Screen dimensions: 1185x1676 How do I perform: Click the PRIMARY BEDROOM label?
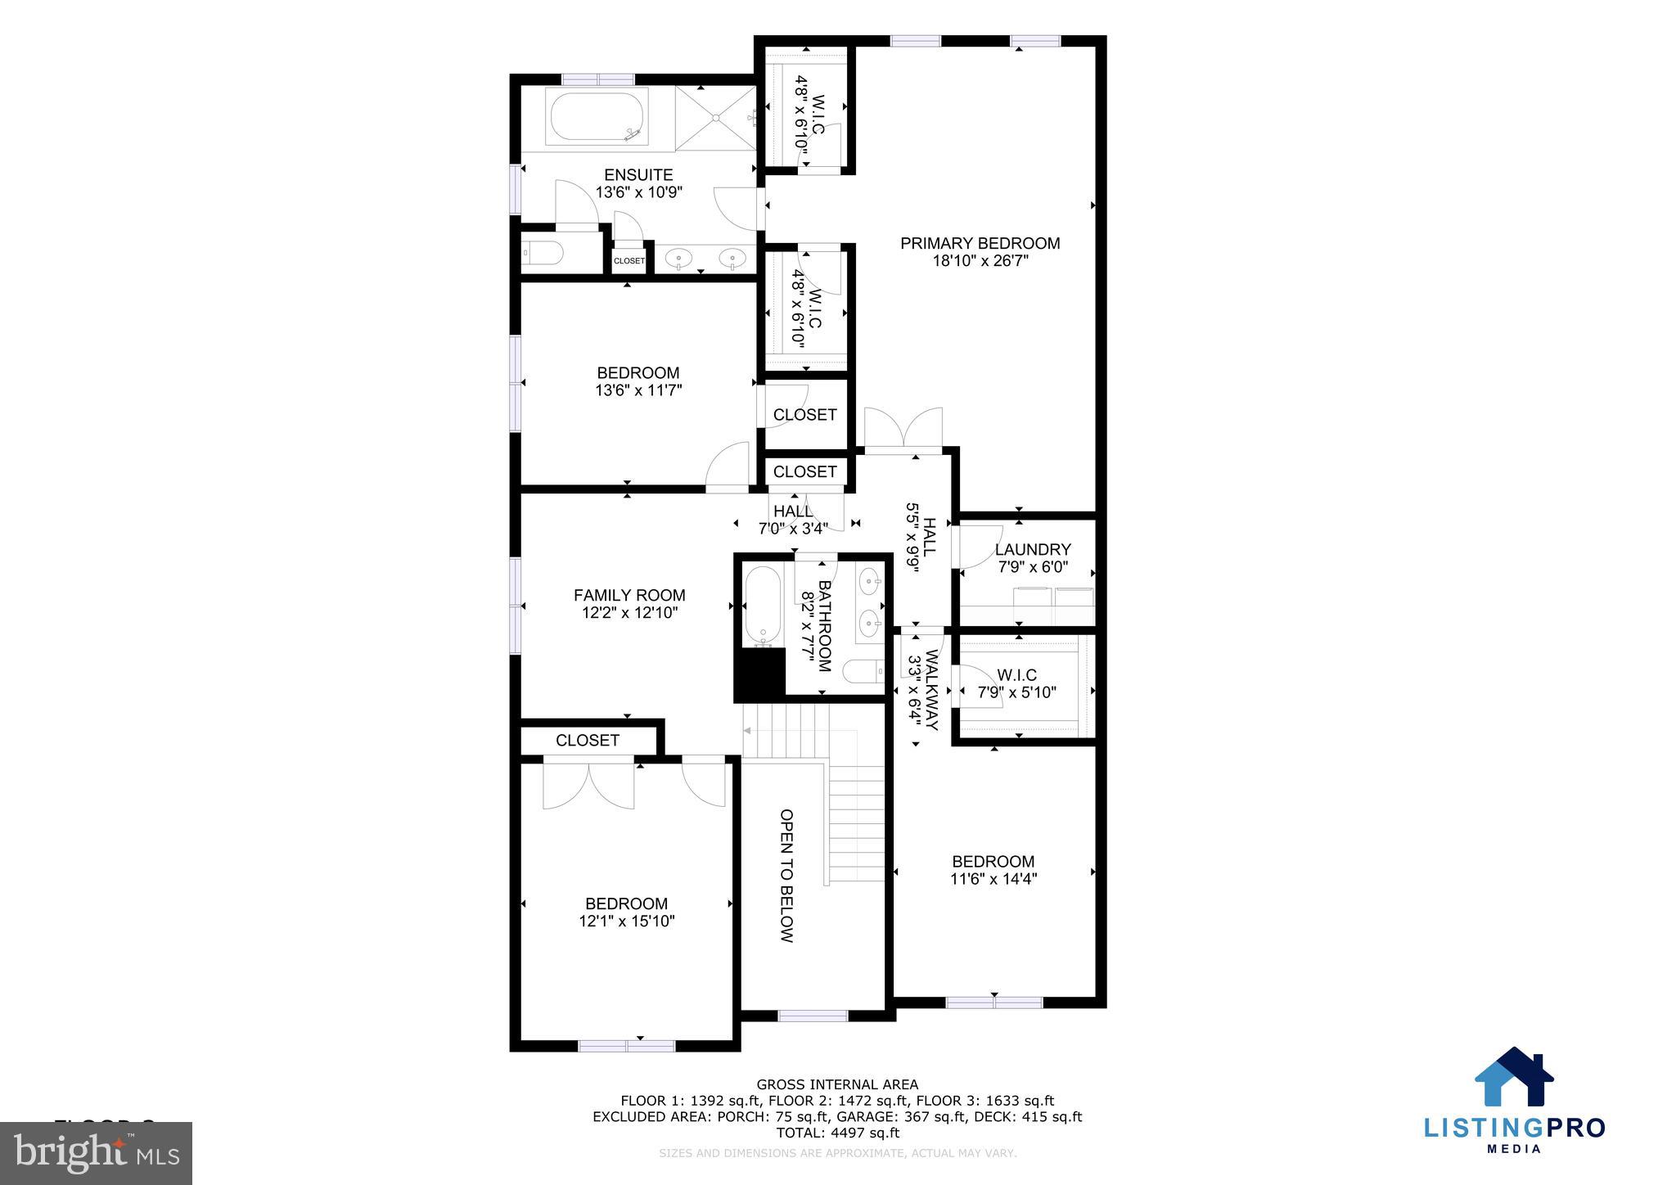980,243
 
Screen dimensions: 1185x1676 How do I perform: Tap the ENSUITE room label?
638,175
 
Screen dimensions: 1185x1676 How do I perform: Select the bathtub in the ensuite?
597,119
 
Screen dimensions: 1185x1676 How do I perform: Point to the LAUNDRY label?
1033,550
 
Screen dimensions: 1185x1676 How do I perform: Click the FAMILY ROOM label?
628,595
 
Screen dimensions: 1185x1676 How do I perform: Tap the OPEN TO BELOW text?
786,876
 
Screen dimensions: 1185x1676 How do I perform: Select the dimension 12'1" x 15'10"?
626,921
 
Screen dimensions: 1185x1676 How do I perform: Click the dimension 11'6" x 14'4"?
993,879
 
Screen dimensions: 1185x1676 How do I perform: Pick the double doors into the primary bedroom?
903,430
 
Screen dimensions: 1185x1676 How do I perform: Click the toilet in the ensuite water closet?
543,255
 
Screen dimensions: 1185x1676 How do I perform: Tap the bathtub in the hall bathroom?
764,606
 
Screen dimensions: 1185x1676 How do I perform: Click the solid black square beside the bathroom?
759,674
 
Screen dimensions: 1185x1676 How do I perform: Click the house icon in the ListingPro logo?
1513,1079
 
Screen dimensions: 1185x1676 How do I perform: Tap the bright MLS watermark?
97,1153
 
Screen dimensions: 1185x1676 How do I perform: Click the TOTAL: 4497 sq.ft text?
837,1133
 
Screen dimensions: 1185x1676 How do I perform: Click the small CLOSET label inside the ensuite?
628,261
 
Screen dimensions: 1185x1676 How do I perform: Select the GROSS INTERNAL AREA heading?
837,1085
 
